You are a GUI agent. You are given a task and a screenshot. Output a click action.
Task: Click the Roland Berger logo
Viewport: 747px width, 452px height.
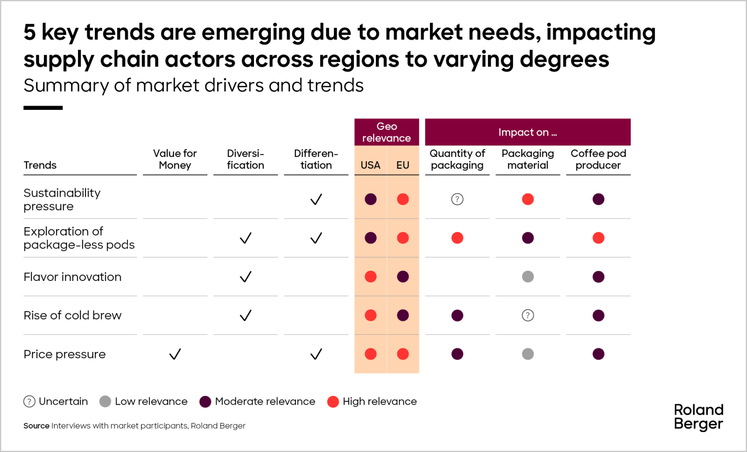698,416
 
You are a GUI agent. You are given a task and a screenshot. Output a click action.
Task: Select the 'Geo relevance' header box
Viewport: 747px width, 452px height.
387,132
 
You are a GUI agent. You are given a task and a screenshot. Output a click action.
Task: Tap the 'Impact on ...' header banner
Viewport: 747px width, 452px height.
528,132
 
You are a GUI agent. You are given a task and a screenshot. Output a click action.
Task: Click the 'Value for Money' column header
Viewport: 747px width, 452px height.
175,159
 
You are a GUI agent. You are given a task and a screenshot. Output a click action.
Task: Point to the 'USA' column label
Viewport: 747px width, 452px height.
370,165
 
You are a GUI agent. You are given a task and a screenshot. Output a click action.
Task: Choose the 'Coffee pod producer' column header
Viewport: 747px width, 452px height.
598,159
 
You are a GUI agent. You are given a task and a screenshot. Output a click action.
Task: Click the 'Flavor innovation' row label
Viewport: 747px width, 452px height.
72,277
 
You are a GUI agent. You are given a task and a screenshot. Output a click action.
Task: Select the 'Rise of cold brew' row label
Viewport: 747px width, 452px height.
72,316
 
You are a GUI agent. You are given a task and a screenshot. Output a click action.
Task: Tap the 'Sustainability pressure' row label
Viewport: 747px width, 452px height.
62,200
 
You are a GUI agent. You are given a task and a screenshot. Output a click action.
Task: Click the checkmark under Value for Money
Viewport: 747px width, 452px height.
175,354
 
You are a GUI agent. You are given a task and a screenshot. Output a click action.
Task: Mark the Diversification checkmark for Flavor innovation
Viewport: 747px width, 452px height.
246,277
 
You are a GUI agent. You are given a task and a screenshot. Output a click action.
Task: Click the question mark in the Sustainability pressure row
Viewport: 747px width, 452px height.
457,200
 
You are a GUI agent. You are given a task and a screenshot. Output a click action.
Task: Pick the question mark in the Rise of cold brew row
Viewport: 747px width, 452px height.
528,316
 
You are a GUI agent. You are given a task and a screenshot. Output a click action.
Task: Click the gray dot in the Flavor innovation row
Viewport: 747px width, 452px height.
528,277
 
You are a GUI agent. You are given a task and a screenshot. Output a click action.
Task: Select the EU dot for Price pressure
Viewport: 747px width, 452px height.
402,354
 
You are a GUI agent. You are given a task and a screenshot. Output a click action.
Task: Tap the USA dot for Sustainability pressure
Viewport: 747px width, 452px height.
370,200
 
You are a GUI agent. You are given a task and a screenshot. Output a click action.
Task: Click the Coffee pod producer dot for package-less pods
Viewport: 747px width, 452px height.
598,238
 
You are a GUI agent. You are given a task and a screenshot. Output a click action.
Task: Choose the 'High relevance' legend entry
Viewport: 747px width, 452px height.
372,402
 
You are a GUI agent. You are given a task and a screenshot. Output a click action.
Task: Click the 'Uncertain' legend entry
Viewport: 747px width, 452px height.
56,402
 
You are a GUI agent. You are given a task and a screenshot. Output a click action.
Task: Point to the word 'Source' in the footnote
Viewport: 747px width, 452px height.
36,426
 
